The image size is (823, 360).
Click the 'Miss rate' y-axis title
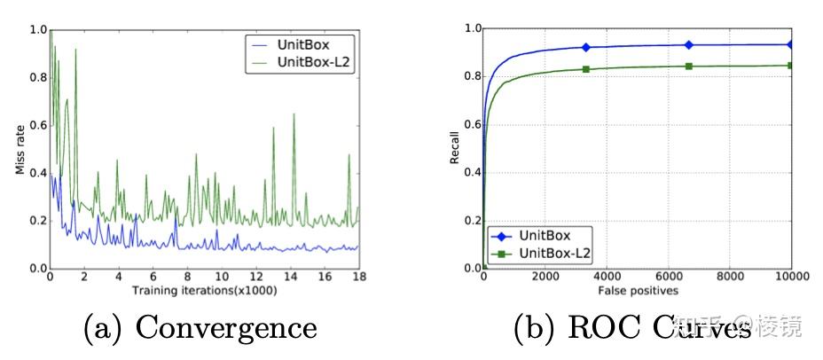[19, 148]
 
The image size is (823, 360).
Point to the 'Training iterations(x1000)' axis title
[204, 290]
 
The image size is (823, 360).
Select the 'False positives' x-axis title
[636, 290]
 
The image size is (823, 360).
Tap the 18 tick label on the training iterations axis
[358, 277]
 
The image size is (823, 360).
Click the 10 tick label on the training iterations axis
[221, 277]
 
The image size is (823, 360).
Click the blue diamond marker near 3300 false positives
[585, 47]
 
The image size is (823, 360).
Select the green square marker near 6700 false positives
[688, 66]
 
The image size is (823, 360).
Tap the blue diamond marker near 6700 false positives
[688, 44]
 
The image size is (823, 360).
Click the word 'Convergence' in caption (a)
[225, 329]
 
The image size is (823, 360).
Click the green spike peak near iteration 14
[294, 114]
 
